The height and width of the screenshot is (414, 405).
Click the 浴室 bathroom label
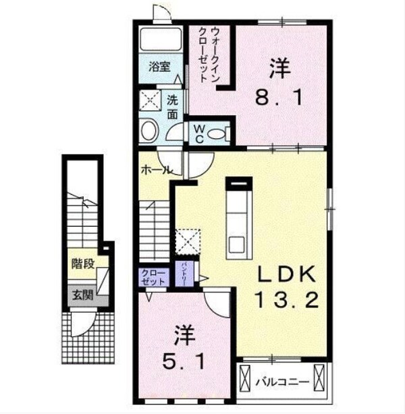pos(159,66)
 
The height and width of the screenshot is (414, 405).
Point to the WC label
pos(200,134)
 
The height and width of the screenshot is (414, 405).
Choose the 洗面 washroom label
pos(173,106)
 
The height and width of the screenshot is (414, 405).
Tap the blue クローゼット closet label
pos(153,276)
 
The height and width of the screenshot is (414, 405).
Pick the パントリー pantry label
pos(183,274)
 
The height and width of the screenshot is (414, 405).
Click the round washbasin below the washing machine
pos(150,130)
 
